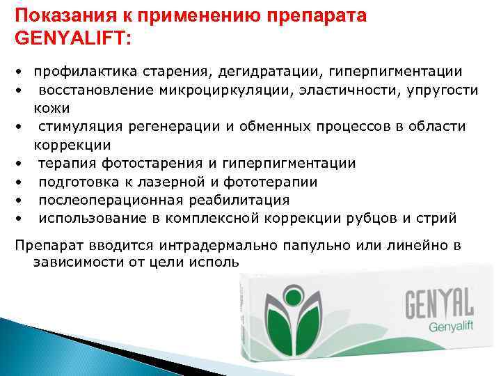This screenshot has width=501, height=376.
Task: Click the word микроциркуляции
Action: (x=222, y=91)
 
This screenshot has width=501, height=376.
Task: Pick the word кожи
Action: (x=47, y=109)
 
